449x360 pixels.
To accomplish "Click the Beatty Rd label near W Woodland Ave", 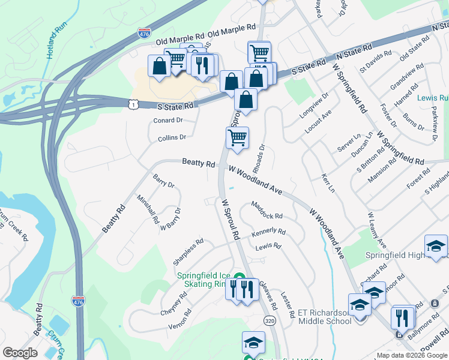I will (x=199, y=163).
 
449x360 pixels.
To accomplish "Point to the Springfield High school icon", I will (x=436, y=246).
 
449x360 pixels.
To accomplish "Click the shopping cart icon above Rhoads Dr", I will (x=238, y=138).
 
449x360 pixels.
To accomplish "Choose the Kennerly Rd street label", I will (x=268, y=232).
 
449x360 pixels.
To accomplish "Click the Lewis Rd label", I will (x=268, y=247).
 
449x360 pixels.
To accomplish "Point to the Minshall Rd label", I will (x=148, y=208).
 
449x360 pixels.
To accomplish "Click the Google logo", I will (x=20, y=353).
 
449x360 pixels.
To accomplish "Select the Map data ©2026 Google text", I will (x=412, y=355).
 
